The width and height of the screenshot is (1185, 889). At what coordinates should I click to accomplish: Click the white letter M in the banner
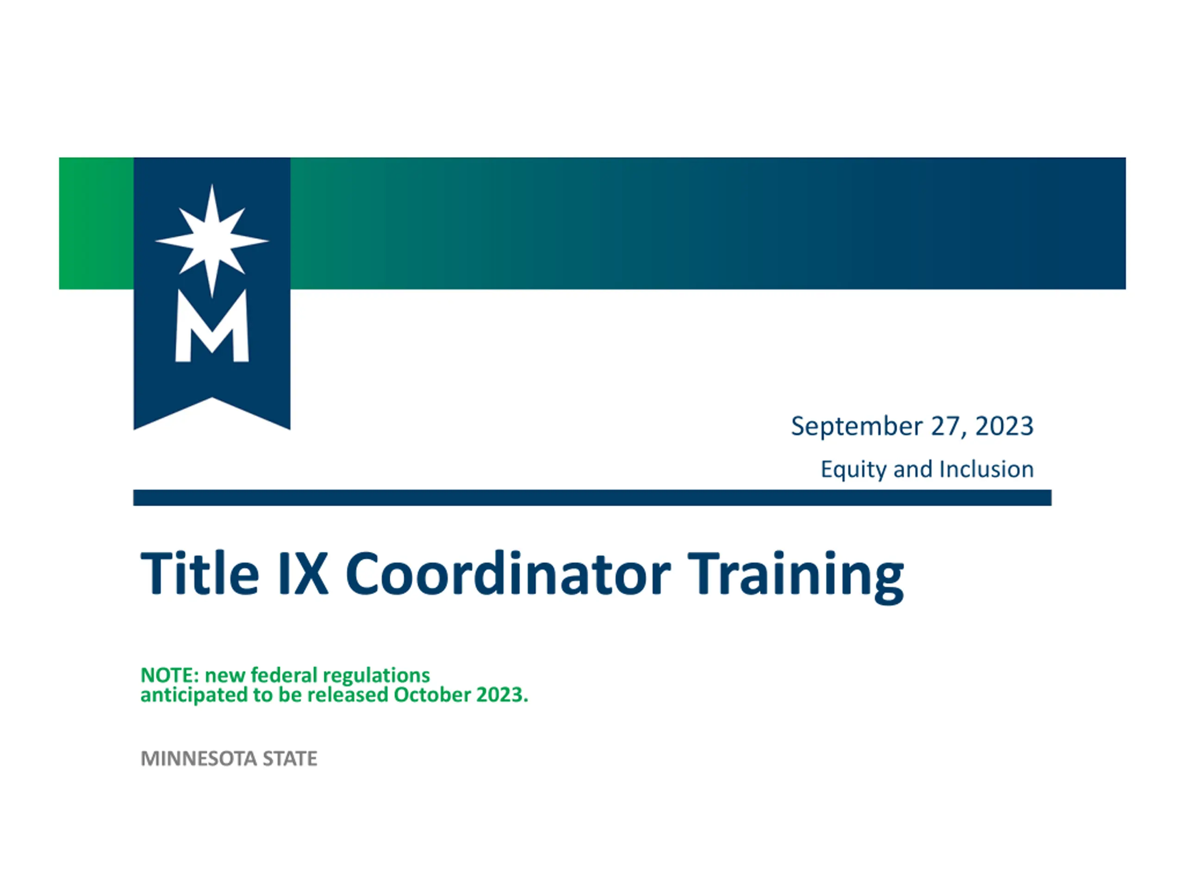click(x=212, y=326)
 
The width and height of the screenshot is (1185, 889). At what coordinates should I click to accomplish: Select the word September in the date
click(x=857, y=427)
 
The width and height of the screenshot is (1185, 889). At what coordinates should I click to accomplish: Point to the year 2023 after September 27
click(x=1004, y=426)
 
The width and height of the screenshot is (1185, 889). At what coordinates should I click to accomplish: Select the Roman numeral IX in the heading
click(x=303, y=573)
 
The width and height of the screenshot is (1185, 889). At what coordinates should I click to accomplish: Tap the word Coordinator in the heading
click(x=508, y=573)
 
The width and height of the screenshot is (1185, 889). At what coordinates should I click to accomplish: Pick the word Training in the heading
click(x=796, y=577)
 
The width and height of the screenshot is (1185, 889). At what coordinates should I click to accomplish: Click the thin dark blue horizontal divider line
click(x=592, y=497)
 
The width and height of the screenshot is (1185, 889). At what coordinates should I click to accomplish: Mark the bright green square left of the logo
click(x=96, y=224)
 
